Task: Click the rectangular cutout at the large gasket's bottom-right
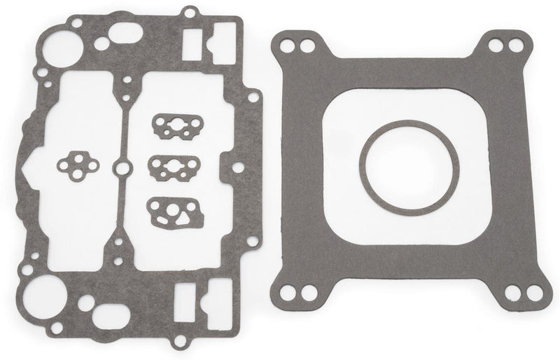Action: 190,297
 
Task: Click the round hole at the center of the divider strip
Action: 122,168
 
